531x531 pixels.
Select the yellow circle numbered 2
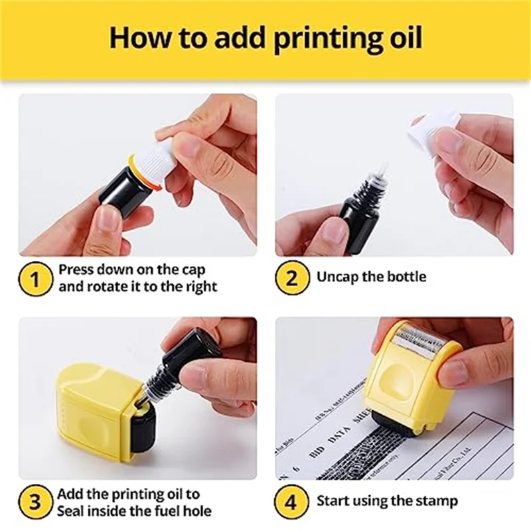point(292,277)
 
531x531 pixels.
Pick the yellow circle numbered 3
point(34,502)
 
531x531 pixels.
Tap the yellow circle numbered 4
point(292,502)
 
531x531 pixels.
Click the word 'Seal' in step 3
point(72,511)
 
